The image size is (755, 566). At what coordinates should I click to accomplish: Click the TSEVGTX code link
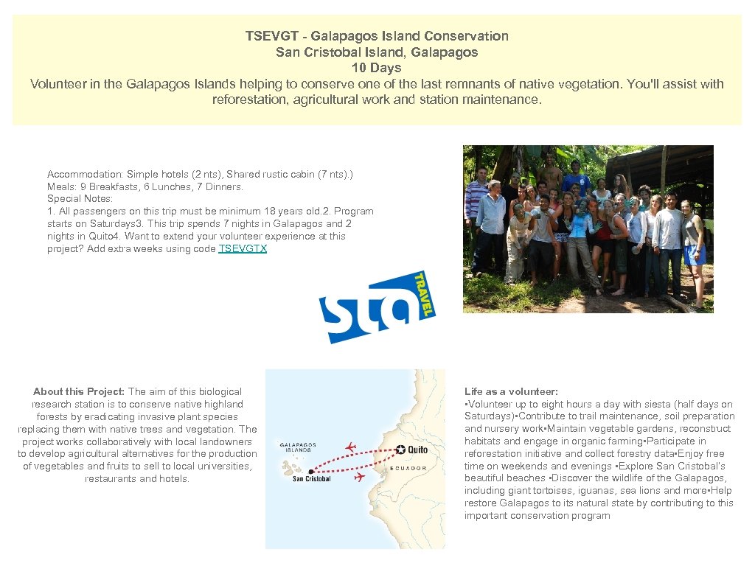click(x=243, y=249)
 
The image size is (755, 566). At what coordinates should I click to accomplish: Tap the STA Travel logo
click(x=377, y=307)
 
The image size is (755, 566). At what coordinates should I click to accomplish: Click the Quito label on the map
click(x=417, y=450)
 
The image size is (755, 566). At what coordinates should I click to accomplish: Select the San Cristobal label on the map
click(x=311, y=479)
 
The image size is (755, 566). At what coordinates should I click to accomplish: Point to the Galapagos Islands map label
click(x=298, y=447)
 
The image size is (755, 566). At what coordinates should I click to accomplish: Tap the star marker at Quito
click(x=400, y=450)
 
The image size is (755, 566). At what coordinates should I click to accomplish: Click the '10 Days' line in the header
click(x=376, y=68)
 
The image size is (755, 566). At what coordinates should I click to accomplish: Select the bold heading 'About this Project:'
click(x=79, y=391)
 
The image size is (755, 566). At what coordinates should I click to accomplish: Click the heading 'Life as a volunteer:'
click(x=511, y=391)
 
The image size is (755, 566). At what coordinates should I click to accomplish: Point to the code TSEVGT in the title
click(x=269, y=35)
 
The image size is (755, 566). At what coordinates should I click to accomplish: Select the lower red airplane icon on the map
click(x=360, y=478)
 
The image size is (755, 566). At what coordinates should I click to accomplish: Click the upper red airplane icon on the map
click(x=350, y=447)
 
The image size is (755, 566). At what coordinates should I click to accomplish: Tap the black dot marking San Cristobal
click(x=311, y=471)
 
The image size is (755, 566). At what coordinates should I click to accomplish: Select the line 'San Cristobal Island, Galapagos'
click(x=376, y=52)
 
